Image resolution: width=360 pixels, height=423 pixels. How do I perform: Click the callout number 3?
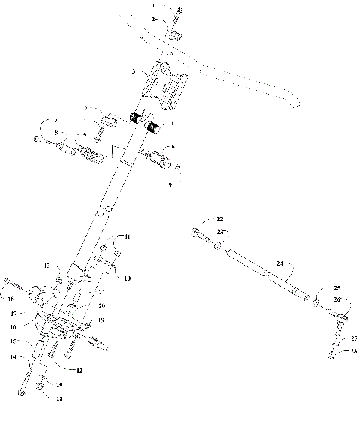pos(133,72)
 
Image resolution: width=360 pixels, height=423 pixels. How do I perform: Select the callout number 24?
pos(280,263)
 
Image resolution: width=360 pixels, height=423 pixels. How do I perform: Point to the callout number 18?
pos(11,298)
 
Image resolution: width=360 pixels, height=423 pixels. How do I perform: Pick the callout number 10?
pos(127,278)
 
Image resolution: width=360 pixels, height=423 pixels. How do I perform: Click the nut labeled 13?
pos(58,280)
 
